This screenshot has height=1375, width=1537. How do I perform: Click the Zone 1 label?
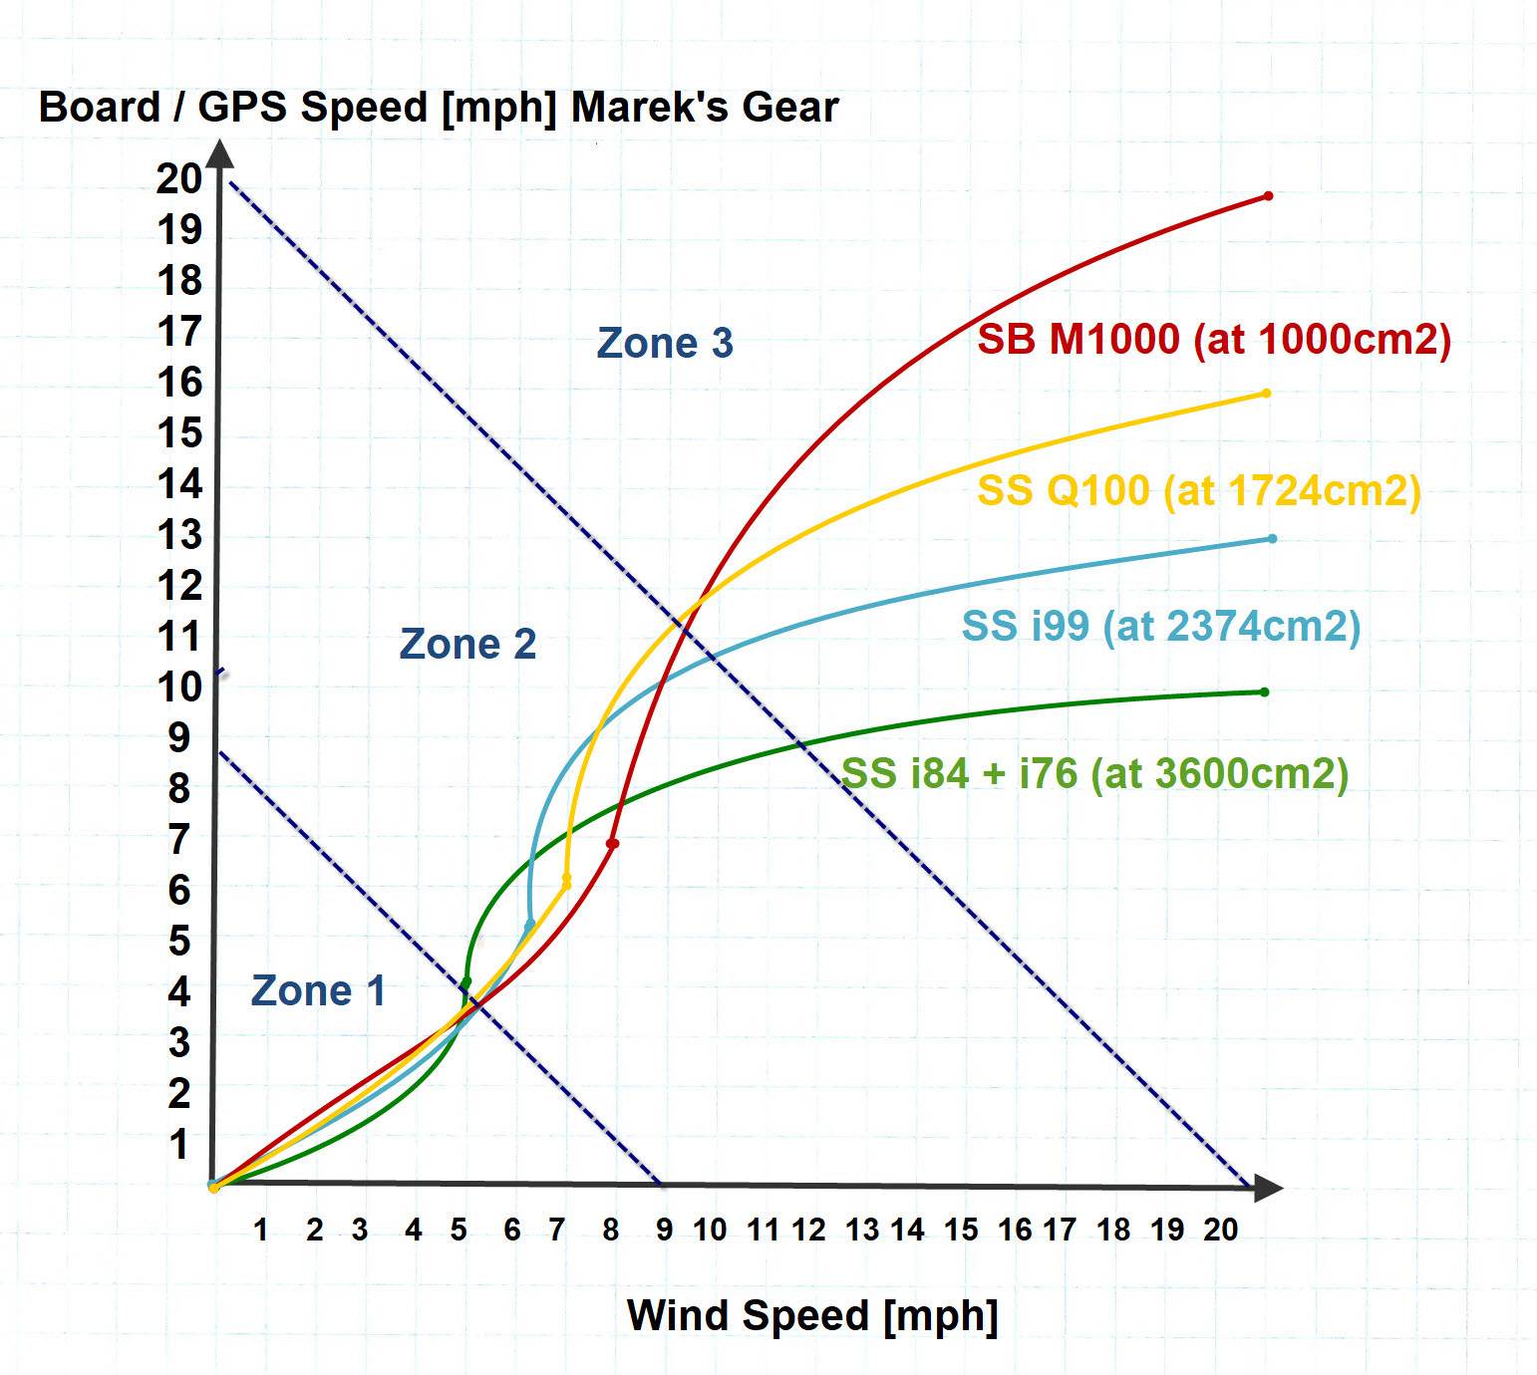318,990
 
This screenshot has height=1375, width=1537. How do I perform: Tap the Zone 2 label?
467,644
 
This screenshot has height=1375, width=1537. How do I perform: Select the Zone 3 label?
665,343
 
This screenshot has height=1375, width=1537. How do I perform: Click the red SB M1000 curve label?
1213,340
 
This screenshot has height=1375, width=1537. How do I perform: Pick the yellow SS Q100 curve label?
1198,490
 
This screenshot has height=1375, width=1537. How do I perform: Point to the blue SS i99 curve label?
1160,626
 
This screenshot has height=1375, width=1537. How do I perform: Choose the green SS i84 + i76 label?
1094,773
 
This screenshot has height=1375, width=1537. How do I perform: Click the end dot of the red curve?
1268,195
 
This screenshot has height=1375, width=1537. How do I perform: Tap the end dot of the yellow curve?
1266,393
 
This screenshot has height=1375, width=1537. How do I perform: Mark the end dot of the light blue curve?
1272,539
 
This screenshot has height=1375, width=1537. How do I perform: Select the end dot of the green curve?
1264,691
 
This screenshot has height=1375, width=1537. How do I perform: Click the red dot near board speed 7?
613,844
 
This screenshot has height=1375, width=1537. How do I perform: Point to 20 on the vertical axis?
179,179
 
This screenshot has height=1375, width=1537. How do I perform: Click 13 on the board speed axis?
179,535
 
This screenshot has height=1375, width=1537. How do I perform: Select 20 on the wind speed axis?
1220,1231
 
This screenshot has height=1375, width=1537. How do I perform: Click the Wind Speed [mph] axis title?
812,1315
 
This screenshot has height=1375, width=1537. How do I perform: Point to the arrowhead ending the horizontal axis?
1267,1187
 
